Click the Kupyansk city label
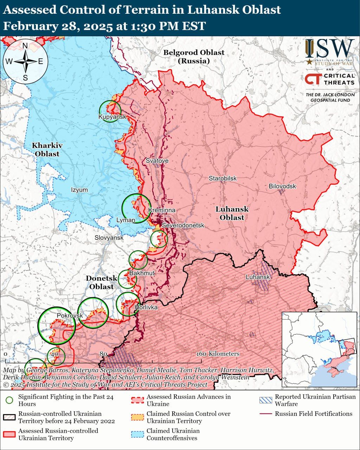click(x=112, y=117)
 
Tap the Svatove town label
click(x=157, y=161)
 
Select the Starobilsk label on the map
click(x=223, y=178)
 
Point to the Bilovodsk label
click(x=282, y=186)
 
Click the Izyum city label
click(x=79, y=190)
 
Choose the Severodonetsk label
click(x=183, y=225)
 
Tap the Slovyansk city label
click(x=109, y=238)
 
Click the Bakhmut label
click(x=142, y=273)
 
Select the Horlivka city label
click(x=146, y=307)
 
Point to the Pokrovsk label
click(x=70, y=315)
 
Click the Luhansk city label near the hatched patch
click(x=258, y=277)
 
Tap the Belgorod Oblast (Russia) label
click(x=194, y=56)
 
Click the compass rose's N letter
click(x=25, y=46)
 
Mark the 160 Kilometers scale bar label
click(x=218, y=354)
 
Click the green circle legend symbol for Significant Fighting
click(x=10, y=400)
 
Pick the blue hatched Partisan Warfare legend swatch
click(x=265, y=400)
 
